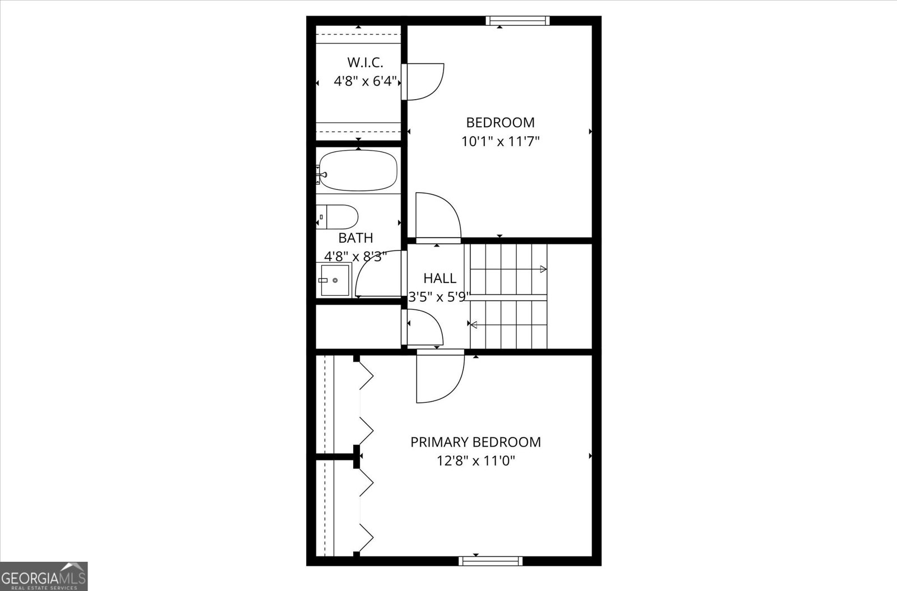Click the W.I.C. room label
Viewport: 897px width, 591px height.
[365, 62]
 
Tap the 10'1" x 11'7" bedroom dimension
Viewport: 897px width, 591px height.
[500, 141]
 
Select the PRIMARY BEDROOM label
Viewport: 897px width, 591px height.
[475, 442]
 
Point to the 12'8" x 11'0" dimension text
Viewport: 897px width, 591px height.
[475, 461]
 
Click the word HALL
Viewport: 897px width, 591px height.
[440, 278]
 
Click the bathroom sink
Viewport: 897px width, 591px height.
[335, 280]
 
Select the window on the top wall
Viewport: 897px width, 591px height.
[517, 21]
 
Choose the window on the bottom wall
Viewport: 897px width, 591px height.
[490, 561]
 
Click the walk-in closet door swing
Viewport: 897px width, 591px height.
[424, 82]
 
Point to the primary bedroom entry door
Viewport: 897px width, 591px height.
[440, 376]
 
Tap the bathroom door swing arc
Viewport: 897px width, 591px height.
[377, 274]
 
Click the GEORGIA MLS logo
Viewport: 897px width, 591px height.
[44, 576]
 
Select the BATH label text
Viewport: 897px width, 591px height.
[355, 238]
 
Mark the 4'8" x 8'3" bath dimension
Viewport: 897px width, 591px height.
[355, 257]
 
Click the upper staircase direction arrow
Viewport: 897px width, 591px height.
[543, 269]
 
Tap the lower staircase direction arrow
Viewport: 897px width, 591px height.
[474, 324]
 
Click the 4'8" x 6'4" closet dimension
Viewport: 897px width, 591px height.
[365, 81]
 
